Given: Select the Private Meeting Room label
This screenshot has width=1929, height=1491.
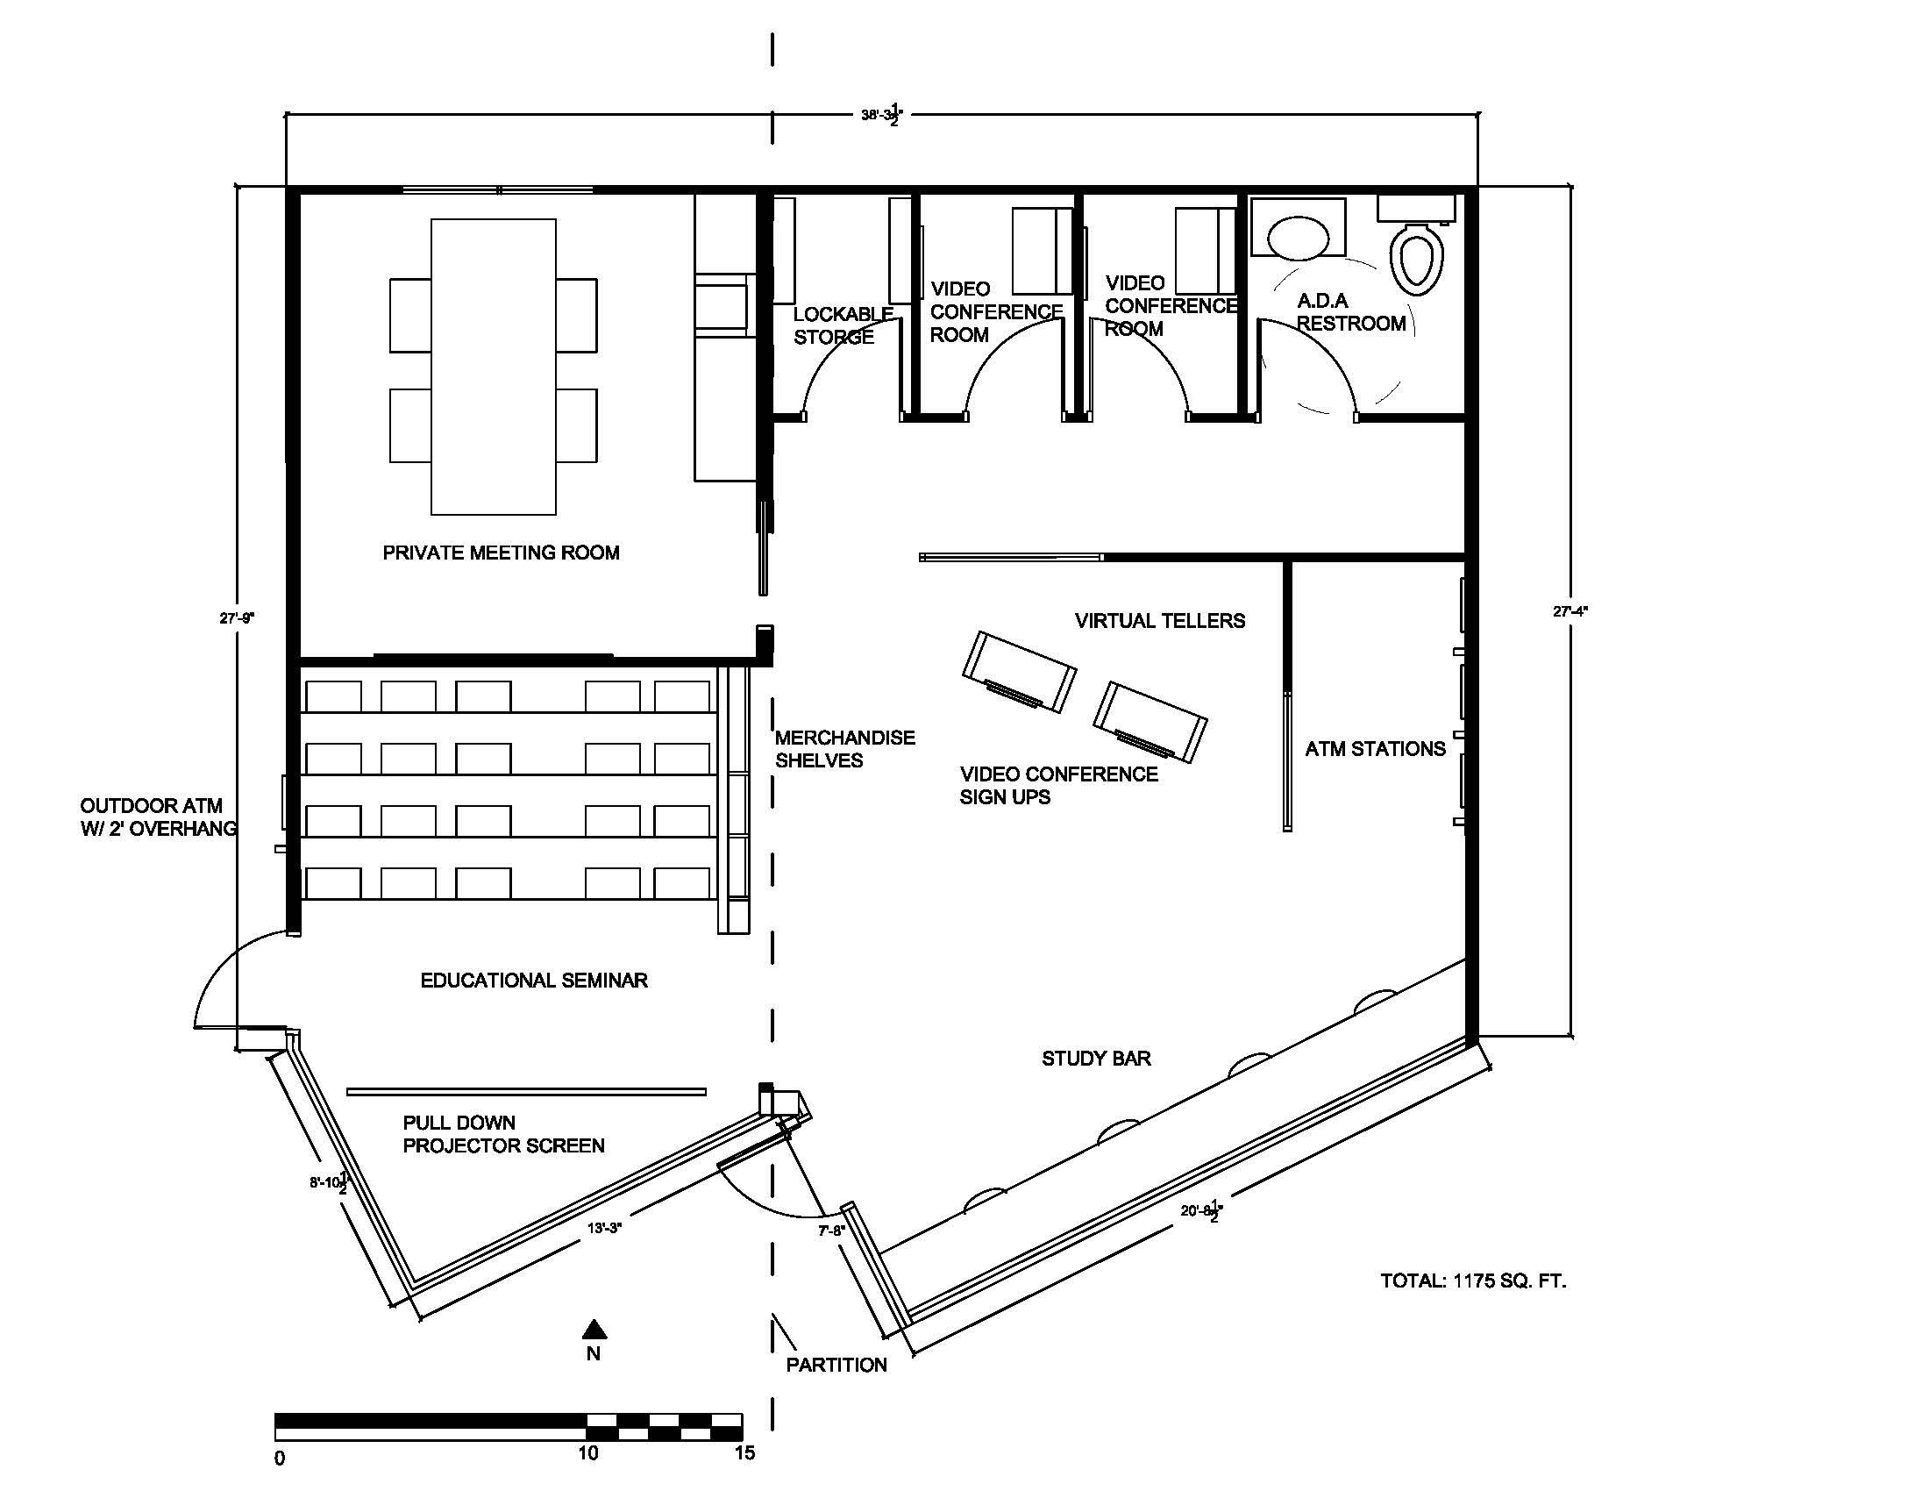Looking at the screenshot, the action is pyautogui.click(x=501, y=553).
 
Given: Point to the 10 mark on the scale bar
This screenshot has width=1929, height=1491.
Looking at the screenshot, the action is pyautogui.click(x=588, y=1453).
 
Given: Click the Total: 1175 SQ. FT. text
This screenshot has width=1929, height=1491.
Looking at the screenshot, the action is pyautogui.click(x=1473, y=1281).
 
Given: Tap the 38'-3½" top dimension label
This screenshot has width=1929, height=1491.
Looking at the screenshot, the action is pyautogui.click(x=882, y=115).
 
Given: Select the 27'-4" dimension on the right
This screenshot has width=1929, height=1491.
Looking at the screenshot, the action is pyautogui.click(x=1570, y=610).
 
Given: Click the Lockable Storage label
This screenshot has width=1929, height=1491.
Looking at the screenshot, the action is pyautogui.click(x=843, y=325).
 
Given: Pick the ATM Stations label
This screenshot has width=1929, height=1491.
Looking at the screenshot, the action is pyautogui.click(x=1375, y=749).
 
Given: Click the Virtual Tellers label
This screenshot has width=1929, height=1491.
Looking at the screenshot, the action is pyautogui.click(x=1160, y=621).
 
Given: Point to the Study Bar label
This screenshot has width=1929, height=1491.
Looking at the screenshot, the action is pyautogui.click(x=1096, y=1059).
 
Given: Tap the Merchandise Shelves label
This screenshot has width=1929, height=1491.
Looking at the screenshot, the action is pyautogui.click(x=844, y=749).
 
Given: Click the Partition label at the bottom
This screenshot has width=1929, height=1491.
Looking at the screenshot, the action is pyautogui.click(x=836, y=1365).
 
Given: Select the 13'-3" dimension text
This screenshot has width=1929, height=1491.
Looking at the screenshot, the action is pyautogui.click(x=605, y=1227).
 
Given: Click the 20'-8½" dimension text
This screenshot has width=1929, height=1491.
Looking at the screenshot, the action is pyautogui.click(x=1202, y=1210).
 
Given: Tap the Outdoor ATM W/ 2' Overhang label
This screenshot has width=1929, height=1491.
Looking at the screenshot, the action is pyautogui.click(x=158, y=817).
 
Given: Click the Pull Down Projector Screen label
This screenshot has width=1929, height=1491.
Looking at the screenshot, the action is pyautogui.click(x=503, y=1134).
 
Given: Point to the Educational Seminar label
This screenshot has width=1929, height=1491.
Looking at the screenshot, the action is pyautogui.click(x=533, y=981).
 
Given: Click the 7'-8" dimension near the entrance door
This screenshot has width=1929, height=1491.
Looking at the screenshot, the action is pyautogui.click(x=831, y=1231).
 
